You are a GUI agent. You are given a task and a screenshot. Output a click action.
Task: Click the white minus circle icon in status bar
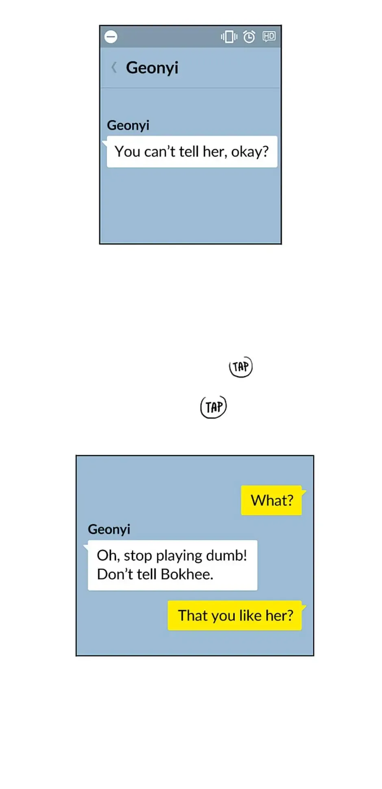[111, 37]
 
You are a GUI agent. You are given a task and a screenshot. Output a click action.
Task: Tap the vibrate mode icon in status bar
[229, 37]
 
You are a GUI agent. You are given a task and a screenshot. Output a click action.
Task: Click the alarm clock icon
[249, 37]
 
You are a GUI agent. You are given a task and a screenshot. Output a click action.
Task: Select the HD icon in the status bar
[269, 37]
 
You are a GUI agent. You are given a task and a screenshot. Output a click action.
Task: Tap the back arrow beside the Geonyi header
[114, 67]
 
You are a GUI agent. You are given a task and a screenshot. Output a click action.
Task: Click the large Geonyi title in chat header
[152, 68]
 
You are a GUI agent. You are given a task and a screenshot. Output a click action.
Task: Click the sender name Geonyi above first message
[128, 125]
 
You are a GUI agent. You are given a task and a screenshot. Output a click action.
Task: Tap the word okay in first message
[249, 152]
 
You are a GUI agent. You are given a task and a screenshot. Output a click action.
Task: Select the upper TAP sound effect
[241, 366]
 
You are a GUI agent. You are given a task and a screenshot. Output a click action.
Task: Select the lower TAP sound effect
[214, 407]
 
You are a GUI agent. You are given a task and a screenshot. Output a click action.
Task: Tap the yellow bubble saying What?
[271, 501]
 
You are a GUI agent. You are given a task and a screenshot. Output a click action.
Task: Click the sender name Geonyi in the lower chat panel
[109, 529]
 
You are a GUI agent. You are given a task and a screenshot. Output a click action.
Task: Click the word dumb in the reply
[231, 555]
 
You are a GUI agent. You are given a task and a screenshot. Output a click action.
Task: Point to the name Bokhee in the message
[187, 574]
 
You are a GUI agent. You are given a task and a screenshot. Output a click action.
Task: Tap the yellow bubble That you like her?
[235, 616]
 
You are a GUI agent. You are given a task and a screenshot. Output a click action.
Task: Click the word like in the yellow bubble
[250, 616]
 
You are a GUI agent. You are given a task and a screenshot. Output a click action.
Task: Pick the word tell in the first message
[189, 152]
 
